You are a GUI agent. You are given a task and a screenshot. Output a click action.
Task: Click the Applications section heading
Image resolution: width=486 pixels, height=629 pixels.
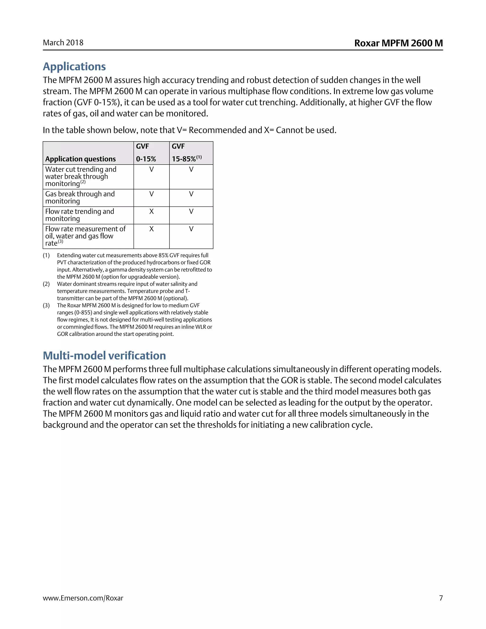[74, 66]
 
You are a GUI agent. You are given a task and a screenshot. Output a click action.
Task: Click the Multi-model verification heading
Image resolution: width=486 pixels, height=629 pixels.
[104, 356]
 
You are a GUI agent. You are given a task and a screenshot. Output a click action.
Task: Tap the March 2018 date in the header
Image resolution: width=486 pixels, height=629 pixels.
[63, 43]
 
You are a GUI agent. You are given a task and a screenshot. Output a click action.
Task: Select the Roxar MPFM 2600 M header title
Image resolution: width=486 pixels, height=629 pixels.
[398, 43]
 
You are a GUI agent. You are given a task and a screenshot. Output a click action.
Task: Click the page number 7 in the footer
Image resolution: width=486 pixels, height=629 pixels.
[441, 598]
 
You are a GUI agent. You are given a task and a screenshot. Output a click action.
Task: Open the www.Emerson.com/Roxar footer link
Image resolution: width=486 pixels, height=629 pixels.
[83, 598]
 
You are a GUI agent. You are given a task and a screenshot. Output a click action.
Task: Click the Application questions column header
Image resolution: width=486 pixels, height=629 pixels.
[80, 159]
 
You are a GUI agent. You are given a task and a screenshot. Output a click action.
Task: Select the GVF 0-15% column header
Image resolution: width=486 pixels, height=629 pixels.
[146, 153]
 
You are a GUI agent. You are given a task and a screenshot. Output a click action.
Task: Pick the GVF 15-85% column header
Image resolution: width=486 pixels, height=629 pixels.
[186, 153]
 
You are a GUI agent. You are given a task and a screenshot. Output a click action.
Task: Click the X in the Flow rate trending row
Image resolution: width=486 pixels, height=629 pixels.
[151, 211]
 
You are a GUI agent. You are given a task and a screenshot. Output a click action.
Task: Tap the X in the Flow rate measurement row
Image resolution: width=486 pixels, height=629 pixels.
[151, 229]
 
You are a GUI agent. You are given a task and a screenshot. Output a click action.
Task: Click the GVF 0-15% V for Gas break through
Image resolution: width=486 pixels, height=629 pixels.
[151, 194]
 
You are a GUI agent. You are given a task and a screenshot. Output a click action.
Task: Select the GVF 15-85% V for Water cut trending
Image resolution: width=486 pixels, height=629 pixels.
[191, 169]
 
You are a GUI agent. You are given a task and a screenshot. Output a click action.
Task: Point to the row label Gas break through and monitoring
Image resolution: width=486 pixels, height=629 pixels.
[80, 197]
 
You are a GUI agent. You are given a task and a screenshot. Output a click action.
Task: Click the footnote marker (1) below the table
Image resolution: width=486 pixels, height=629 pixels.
[46, 255]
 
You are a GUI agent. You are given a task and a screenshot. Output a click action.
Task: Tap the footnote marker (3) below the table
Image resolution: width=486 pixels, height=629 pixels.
[46, 305]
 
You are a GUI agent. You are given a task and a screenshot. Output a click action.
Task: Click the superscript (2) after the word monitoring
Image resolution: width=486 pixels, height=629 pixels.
[83, 182]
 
